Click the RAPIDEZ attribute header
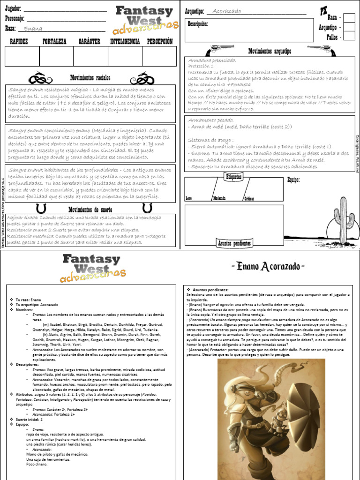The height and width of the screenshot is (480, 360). (19, 42)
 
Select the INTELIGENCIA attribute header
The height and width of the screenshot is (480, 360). (125, 42)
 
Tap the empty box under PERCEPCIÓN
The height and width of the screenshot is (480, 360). (159, 56)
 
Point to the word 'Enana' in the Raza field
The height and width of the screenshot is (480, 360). (33, 29)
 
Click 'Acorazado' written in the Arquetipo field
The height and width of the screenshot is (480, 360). (227, 11)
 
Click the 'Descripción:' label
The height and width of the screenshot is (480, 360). (198, 24)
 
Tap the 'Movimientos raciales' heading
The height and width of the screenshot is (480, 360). (90, 78)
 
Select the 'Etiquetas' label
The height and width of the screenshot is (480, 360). (234, 177)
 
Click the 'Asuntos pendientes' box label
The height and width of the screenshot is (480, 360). (234, 243)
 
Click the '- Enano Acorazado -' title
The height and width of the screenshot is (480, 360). (268, 267)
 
